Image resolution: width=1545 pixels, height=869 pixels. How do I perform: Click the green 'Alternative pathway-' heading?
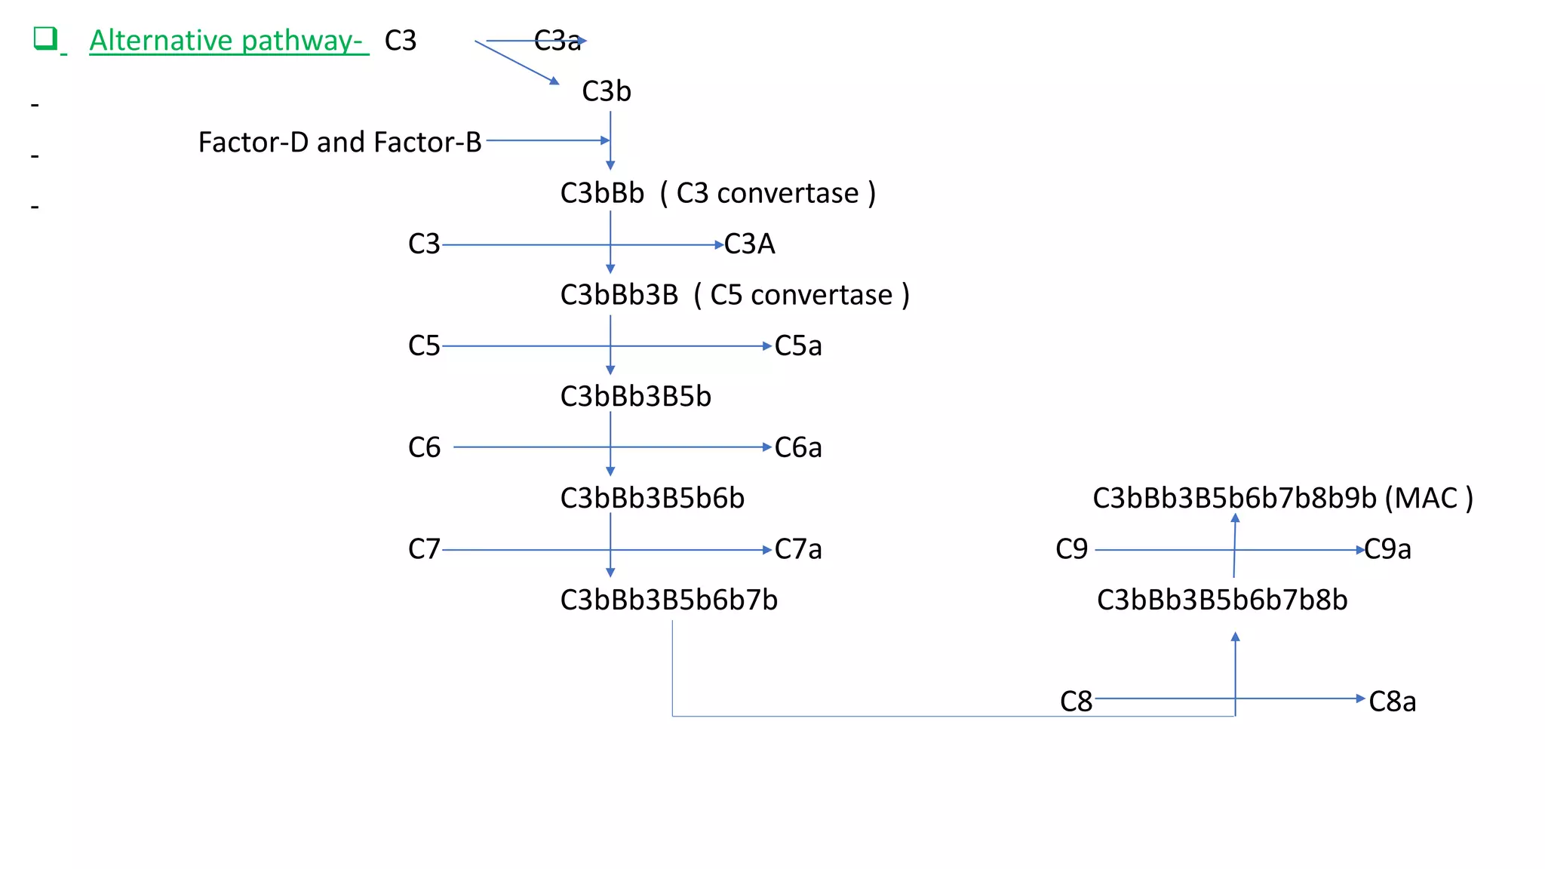pyautogui.click(x=226, y=41)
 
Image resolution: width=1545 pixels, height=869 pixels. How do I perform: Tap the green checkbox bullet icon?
pyautogui.click(x=45, y=38)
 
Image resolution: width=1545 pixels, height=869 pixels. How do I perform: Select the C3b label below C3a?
pyautogui.click(x=606, y=92)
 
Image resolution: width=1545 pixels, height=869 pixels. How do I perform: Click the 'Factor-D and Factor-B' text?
pyautogui.click(x=339, y=143)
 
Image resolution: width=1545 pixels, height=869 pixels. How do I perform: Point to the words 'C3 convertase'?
pyautogui.click(x=767, y=194)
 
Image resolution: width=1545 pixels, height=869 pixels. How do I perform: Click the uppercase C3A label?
pyautogui.click(x=749, y=244)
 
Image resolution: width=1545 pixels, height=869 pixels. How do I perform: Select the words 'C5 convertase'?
pyautogui.click(x=801, y=295)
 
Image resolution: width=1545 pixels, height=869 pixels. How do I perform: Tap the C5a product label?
pyautogui.click(x=797, y=346)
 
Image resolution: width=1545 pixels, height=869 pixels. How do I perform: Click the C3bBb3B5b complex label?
pyautogui.click(x=635, y=397)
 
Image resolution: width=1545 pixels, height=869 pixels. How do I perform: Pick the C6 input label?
pyautogui.click(x=424, y=448)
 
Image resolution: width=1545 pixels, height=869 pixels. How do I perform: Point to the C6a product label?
pyautogui.click(x=797, y=448)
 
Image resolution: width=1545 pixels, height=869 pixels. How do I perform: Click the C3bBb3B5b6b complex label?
pyautogui.click(x=652, y=499)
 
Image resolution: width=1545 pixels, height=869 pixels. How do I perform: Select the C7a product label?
pyautogui.click(x=797, y=550)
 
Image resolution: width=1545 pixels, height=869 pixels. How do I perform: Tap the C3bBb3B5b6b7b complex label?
pyautogui.click(x=668, y=600)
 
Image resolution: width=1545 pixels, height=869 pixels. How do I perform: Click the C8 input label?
pyautogui.click(x=1076, y=702)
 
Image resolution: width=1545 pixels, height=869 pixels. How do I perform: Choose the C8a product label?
pyautogui.click(x=1392, y=702)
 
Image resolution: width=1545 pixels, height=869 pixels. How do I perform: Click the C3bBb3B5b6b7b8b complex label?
pyautogui.click(x=1221, y=600)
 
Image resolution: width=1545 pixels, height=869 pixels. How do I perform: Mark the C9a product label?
pyautogui.click(x=1387, y=550)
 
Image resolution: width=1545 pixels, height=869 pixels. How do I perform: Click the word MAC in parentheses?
pyautogui.click(x=1426, y=499)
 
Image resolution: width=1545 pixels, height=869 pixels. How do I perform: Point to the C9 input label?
pyautogui.click(x=1071, y=550)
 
